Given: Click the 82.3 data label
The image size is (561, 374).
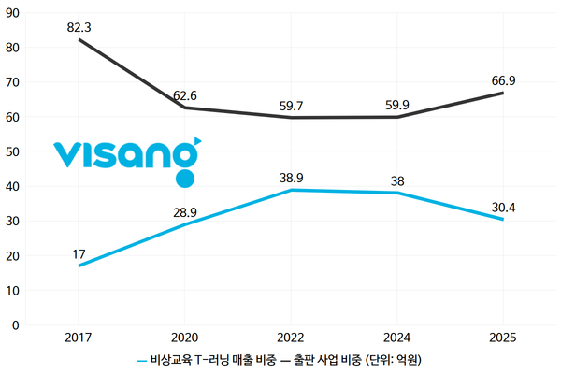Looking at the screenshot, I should click(79, 27).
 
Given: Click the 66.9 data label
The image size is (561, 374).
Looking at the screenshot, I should click(503, 80).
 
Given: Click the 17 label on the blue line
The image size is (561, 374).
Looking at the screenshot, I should click(79, 253).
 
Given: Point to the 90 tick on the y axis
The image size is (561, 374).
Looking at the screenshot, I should click(14, 12).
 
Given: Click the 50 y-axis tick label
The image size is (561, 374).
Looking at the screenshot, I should click(14, 151).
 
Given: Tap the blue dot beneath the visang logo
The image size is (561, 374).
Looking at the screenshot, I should click(185, 179).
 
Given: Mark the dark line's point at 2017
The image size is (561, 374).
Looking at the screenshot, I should click(79, 39).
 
